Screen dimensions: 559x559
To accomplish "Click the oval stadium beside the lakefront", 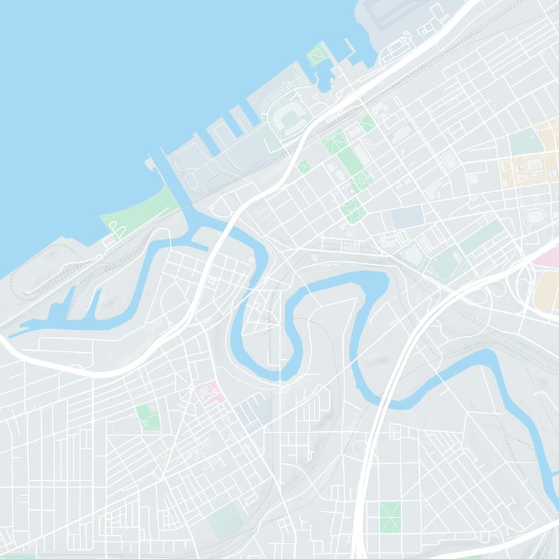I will point(286,119).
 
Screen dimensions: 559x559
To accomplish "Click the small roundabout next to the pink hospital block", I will point(191,386).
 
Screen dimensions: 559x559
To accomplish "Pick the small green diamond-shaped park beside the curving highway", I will point(303,167).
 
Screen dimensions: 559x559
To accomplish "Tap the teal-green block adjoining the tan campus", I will point(525,142).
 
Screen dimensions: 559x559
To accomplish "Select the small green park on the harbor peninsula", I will point(318,55).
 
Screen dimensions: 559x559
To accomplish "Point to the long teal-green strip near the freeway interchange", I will point(480,238).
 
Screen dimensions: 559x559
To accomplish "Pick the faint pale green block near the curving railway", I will point(225,517).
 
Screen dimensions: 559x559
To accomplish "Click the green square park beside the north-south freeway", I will point(390,516).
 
